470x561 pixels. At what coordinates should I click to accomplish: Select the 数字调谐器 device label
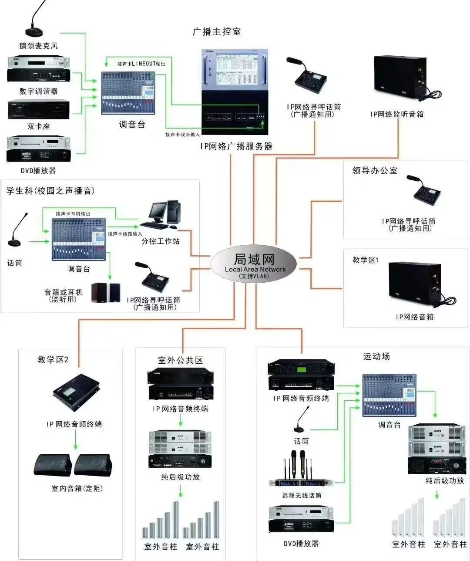click(38, 91)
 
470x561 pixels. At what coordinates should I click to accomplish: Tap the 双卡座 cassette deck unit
click(38, 110)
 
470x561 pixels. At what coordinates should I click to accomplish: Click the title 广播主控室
click(216, 32)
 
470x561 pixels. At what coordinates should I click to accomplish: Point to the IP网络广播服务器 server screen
click(235, 70)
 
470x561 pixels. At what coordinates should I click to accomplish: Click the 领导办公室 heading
click(375, 171)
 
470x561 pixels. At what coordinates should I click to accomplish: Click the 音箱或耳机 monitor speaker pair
click(106, 293)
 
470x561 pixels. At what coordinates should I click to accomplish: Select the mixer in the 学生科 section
click(79, 239)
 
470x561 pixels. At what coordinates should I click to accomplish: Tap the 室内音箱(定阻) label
click(77, 489)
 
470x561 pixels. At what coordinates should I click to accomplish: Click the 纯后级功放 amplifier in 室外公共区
click(180, 449)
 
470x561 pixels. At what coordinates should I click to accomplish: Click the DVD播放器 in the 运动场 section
click(301, 519)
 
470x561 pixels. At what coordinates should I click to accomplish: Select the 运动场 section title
click(376, 357)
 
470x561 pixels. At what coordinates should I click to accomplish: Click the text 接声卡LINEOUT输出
click(141, 64)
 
